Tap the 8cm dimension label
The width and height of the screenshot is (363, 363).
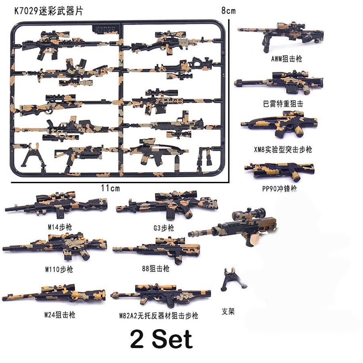click(x=228, y=11)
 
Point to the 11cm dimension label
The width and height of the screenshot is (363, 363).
click(x=110, y=188)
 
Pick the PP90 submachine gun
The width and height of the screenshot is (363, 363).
click(x=280, y=171)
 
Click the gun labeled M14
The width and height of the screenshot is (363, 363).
click(x=56, y=204)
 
